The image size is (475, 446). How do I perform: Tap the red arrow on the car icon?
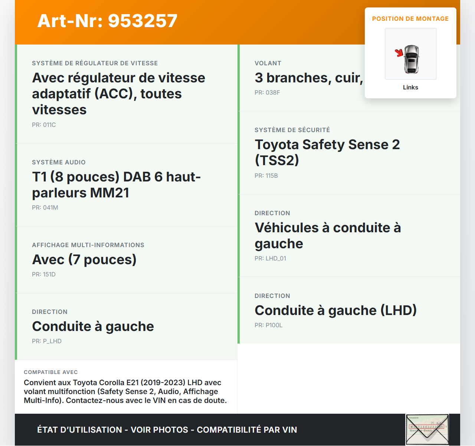click(399, 53)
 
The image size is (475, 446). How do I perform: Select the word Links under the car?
click(410, 88)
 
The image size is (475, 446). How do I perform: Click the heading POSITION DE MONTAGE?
click(410, 19)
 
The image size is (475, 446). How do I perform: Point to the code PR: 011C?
click(44, 125)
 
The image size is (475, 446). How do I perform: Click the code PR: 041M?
click(45, 208)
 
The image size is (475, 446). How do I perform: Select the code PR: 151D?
click(44, 275)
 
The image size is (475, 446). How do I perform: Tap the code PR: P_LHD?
click(47, 341)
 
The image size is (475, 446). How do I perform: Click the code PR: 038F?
click(267, 93)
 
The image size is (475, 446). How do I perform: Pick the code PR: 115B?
click(266, 176)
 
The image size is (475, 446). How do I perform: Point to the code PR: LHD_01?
click(270, 259)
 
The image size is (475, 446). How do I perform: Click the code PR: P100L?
click(268, 325)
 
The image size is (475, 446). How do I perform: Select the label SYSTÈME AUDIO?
click(59, 163)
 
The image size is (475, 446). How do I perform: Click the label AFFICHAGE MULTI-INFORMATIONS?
click(88, 245)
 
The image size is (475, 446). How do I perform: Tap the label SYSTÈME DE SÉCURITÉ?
click(292, 130)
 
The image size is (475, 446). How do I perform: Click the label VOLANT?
click(268, 63)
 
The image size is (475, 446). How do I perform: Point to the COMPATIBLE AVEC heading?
click(51, 373)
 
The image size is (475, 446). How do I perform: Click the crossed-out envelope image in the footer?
click(427, 430)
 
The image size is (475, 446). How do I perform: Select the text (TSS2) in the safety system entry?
click(277, 160)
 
